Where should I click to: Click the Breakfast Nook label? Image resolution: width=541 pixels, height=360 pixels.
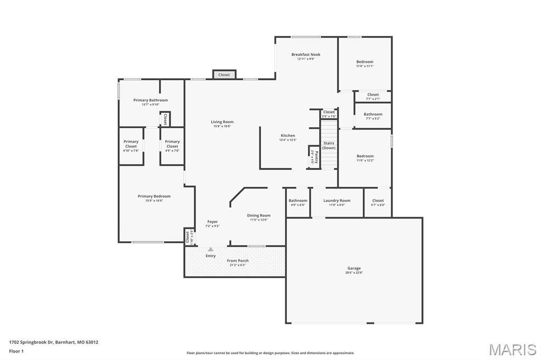pyautogui.click(x=306, y=54)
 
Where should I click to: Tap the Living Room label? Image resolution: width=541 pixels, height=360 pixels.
pyautogui.click(x=222, y=122)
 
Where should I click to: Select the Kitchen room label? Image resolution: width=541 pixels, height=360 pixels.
pyautogui.click(x=288, y=136)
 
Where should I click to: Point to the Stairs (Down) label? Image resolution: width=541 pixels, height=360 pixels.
pyautogui.click(x=329, y=145)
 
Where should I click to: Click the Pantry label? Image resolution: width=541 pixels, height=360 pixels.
pyautogui.click(x=316, y=156)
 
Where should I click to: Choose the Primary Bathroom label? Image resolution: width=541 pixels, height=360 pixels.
pyautogui.click(x=151, y=100)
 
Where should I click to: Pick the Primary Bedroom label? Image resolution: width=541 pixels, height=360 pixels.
pyautogui.click(x=154, y=196)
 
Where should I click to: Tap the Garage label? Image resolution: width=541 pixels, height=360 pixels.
pyautogui.click(x=354, y=268)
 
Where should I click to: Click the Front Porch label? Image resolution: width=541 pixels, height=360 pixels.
pyautogui.click(x=238, y=261)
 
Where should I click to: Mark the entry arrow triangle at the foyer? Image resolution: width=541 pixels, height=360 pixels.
pyautogui.click(x=211, y=249)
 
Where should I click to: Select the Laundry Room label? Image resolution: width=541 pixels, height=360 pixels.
pyautogui.click(x=337, y=201)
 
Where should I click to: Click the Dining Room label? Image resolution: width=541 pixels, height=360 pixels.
pyautogui.click(x=259, y=215)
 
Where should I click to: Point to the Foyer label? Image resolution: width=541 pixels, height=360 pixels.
pyautogui.click(x=212, y=222)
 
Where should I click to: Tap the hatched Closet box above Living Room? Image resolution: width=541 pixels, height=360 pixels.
pyautogui.click(x=224, y=74)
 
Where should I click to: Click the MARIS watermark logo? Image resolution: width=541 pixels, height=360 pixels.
pyautogui.click(x=512, y=349)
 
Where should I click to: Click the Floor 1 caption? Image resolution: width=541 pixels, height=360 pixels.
pyautogui.click(x=16, y=350)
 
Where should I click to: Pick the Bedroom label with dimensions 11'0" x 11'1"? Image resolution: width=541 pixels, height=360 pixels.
pyautogui.click(x=365, y=62)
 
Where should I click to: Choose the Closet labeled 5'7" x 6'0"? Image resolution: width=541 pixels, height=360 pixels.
pyautogui.click(x=378, y=201)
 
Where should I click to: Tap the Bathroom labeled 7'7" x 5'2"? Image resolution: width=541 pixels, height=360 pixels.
pyautogui.click(x=373, y=115)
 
